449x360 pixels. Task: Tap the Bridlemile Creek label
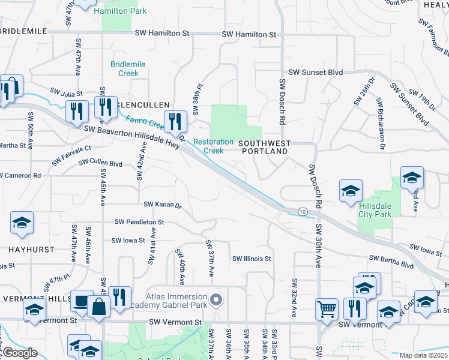pyautogui.click(x=124, y=68)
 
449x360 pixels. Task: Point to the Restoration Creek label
pyautogui.click(x=213, y=146)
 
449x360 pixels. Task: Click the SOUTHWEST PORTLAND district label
pyautogui.click(x=265, y=148)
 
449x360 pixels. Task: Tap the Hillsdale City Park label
pyautogui.click(x=376, y=209)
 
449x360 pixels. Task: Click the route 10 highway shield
pyautogui.click(x=303, y=212)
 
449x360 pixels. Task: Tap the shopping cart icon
pyautogui.click(x=327, y=309)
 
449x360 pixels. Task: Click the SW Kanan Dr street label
pyautogui.click(x=160, y=205)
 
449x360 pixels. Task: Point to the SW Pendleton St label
pyautogui.click(x=139, y=222)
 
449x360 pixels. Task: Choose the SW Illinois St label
pyautogui.click(x=252, y=259)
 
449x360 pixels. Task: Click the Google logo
pyautogui.click(x=20, y=353)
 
